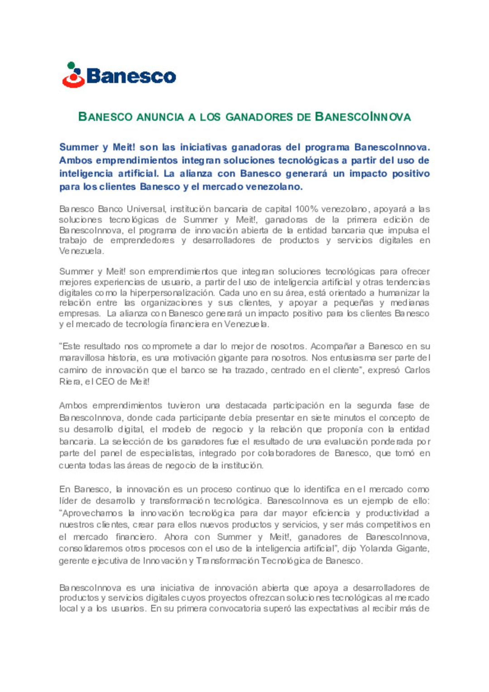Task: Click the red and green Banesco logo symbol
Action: pyautogui.click(x=73, y=75)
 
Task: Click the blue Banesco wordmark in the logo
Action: pyautogui.click(x=131, y=76)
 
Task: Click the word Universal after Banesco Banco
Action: pyautogui.click(x=146, y=209)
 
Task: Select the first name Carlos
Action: pyautogui.click(x=417, y=370)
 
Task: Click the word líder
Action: pyautogui.click(x=68, y=501)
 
